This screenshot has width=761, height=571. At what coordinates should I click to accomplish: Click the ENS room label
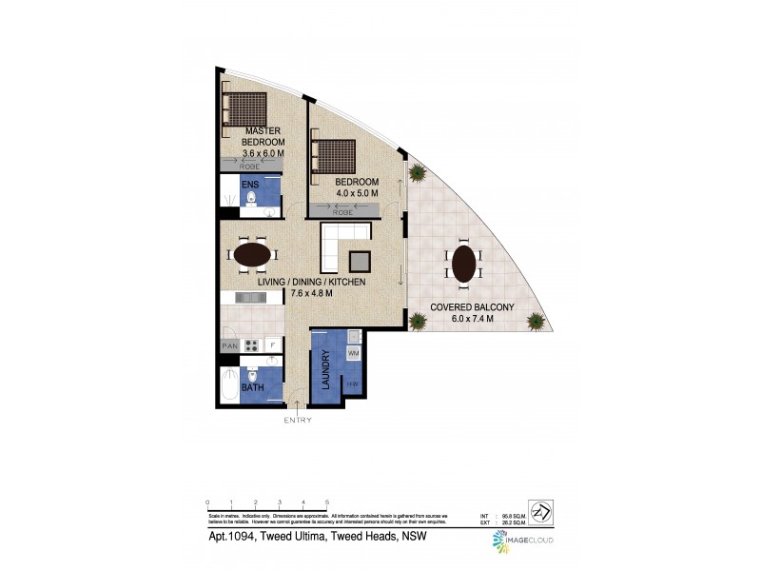(249, 184)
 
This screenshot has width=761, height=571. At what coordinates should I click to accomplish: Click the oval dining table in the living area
(251, 255)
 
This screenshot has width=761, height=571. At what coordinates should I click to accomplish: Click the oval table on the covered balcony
(463, 265)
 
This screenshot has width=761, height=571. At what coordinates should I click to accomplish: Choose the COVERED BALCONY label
(472, 313)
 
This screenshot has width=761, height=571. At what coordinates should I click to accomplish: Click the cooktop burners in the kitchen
(253, 345)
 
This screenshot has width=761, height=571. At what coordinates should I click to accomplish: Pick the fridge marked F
(273, 345)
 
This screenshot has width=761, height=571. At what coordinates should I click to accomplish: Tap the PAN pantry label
(229, 346)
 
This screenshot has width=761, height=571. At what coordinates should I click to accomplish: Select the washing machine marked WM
(353, 355)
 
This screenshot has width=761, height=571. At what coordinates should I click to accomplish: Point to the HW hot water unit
(352, 384)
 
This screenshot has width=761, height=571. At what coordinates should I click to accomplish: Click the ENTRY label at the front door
(298, 420)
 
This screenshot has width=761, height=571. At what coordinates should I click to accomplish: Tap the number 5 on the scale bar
(327, 501)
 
